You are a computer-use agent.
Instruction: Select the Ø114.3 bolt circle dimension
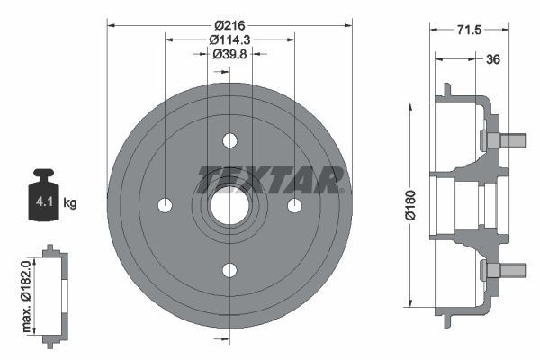229,40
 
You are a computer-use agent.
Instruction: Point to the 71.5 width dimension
468,30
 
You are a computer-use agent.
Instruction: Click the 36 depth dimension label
493,60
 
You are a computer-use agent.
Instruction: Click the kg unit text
70,204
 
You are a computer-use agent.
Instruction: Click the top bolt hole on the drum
229,140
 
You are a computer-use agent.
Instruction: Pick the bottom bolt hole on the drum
229,270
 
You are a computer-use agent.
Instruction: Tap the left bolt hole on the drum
165,205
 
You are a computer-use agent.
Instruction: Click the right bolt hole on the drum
294,205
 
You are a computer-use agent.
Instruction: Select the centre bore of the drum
229,205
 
